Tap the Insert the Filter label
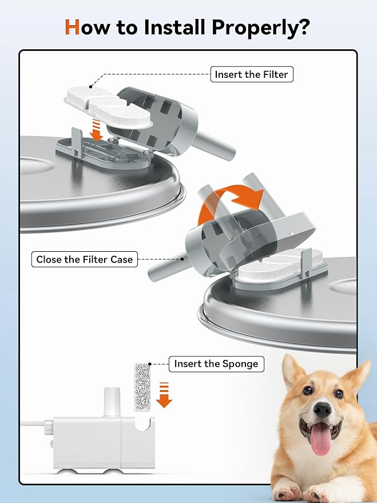tap(251, 74)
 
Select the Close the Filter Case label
tap(84, 259)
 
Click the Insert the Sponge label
tap(216, 364)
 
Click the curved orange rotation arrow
tap(229, 201)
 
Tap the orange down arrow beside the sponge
tap(164, 394)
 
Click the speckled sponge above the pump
tap(141, 386)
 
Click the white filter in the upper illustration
tap(109, 106)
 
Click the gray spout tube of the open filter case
tap(220, 149)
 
